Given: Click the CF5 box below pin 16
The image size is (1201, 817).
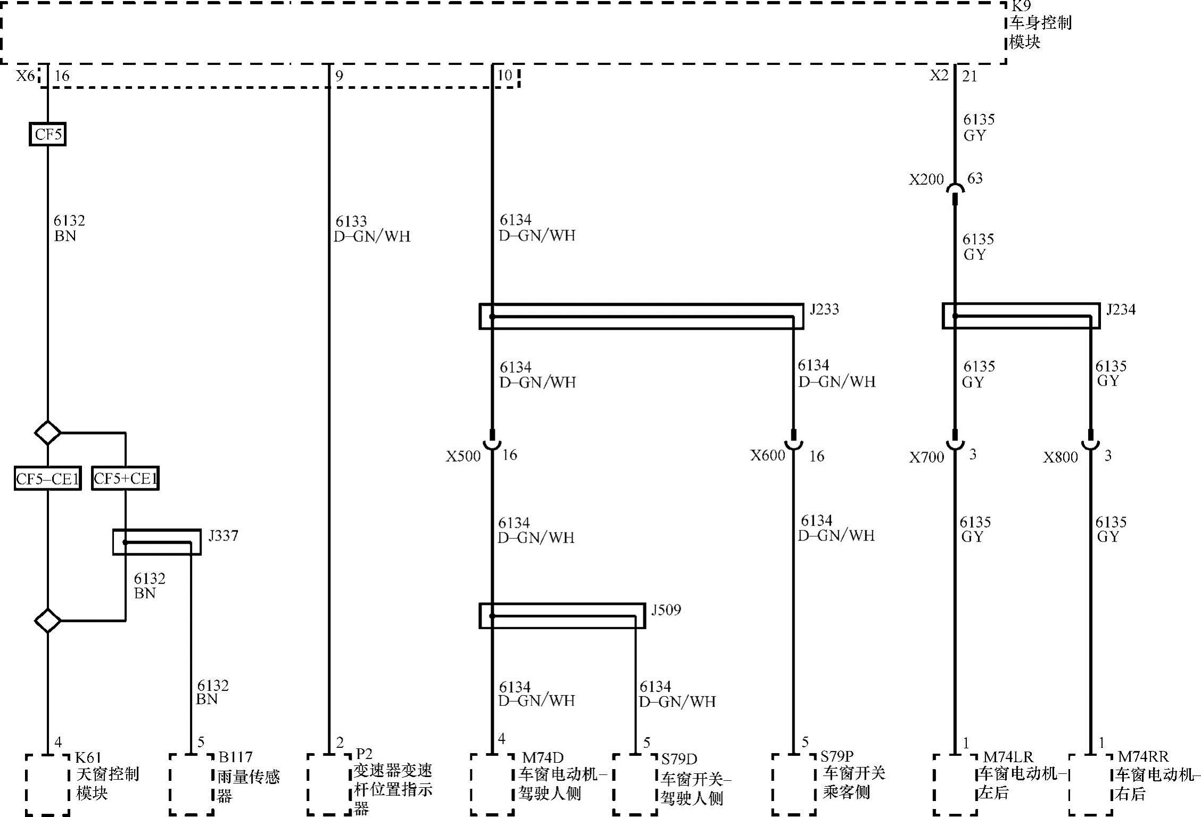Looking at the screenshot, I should click(x=47, y=134).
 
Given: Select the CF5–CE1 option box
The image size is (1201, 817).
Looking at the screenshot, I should click(x=47, y=479).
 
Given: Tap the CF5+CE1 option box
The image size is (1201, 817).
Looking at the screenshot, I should click(x=125, y=479).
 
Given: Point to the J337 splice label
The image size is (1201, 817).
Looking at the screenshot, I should click(x=223, y=536).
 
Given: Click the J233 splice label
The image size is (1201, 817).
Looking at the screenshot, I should click(x=824, y=310).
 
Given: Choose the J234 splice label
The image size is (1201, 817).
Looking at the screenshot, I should click(x=1121, y=310).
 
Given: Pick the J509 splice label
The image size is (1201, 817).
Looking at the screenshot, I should click(x=666, y=610).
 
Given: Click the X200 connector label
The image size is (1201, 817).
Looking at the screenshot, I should click(x=926, y=180).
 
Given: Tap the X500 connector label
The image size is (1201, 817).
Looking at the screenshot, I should click(x=463, y=456).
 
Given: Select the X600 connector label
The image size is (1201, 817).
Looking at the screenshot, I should click(x=767, y=455).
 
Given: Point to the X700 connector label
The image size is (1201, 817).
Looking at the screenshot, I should click(x=926, y=457).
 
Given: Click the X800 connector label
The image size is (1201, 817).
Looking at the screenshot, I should click(x=1060, y=457).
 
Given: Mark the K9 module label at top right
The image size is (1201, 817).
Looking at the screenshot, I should click(x=1021, y=6).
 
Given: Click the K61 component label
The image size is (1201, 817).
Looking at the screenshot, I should click(x=88, y=757).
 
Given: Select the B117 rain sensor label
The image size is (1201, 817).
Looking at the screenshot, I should click(x=235, y=757).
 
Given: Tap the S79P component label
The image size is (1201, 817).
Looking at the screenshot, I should click(x=836, y=757).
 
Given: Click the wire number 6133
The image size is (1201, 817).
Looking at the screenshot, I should click(x=351, y=221).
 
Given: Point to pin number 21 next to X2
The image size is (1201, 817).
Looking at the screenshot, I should click(x=970, y=77).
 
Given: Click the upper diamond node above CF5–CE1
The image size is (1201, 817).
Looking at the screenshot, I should click(x=47, y=432).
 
